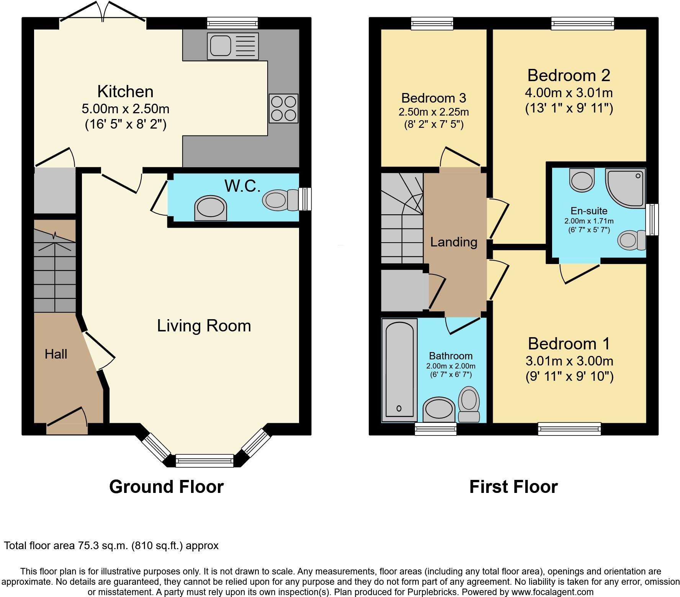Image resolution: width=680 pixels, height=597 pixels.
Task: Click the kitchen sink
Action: tap(232, 46)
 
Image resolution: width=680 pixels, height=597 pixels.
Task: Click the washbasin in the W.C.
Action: tap(210, 208)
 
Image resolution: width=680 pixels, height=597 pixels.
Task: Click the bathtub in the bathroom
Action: tap(400, 370)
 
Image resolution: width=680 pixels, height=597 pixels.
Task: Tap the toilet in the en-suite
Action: tap(631, 240)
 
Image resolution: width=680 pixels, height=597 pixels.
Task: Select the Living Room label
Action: tap(204, 326)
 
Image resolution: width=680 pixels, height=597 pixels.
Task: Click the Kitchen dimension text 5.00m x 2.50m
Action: tap(126, 109)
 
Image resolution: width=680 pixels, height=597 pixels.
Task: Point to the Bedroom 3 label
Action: tap(434, 98)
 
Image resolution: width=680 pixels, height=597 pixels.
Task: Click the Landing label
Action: tap(454, 242)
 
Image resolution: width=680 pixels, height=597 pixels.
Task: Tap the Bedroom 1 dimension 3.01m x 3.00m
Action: tap(569, 360)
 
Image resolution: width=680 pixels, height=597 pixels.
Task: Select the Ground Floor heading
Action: tap(166, 487)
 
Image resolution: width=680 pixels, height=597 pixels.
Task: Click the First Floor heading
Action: tap(513, 487)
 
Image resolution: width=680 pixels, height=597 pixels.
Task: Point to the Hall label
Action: tap(56, 354)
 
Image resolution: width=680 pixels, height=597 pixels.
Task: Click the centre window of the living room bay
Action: tap(204, 461)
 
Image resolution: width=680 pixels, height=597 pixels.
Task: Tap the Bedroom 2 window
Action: tap(583, 24)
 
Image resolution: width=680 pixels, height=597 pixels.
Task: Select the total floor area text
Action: tap(111, 545)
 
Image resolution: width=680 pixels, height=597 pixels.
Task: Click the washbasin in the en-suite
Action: tap(582, 180)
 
